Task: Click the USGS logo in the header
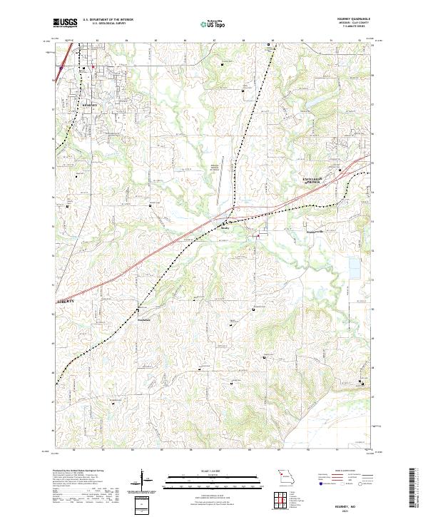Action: (x=63, y=23)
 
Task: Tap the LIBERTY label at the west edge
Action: (x=64, y=303)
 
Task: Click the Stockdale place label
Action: (x=147, y=319)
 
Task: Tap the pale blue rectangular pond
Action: (x=355, y=267)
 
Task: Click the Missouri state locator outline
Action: (x=287, y=476)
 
